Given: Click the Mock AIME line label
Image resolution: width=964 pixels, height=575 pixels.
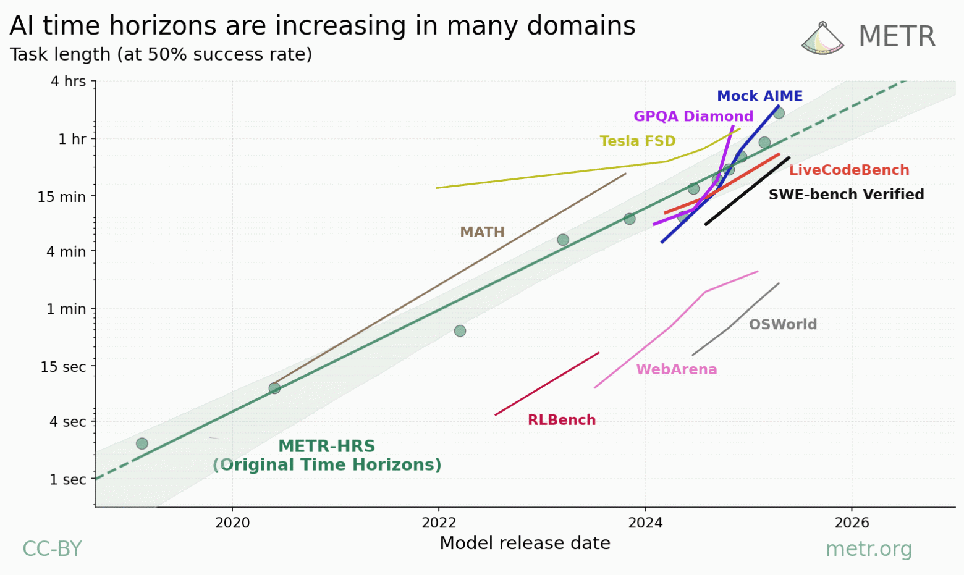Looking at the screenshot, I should pyautogui.click(x=759, y=96).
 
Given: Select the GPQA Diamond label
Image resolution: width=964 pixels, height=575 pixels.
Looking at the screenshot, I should pyautogui.click(x=693, y=117).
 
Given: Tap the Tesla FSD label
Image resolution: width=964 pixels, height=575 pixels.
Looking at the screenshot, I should pyautogui.click(x=638, y=141).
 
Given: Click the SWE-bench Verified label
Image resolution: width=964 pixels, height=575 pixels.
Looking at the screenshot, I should pyautogui.click(x=846, y=195).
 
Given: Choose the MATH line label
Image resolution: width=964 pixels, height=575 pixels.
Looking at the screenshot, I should pyautogui.click(x=482, y=232).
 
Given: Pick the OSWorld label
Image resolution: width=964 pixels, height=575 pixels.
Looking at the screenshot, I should pyautogui.click(x=783, y=325).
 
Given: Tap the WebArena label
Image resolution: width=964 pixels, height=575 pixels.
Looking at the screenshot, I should pyautogui.click(x=677, y=370).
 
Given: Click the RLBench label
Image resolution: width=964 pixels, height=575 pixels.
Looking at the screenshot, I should pyautogui.click(x=562, y=421).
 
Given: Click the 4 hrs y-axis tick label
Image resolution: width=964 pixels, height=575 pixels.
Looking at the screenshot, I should pyautogui.click(x=69, y=82).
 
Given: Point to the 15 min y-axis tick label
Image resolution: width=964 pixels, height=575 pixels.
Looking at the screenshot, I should pyautogui.click(x=62, y=197).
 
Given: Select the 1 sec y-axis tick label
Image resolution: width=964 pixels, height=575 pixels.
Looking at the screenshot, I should pyautogui.click(x=68, y=480).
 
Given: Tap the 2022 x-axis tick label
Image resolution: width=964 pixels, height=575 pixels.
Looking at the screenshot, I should pyautogui.click(x=439, y=523).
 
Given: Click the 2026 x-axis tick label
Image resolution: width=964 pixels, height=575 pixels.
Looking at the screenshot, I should pyautogui.click(x=852, y=523).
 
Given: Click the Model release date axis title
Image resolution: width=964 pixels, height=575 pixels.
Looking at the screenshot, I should pyautogui.click(x=525, y=544).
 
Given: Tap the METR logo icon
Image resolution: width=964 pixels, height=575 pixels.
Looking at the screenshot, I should pyautogui.click(x=822, y=38).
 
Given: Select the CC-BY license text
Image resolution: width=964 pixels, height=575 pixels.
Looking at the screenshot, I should pyautogui.click(x=52, y=549).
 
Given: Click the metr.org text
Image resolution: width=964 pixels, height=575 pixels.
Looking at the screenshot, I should pyautogui.click(x=868, y=549).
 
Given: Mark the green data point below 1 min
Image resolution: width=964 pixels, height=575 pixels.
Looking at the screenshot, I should pyautogui.click(x=460, y=331).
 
